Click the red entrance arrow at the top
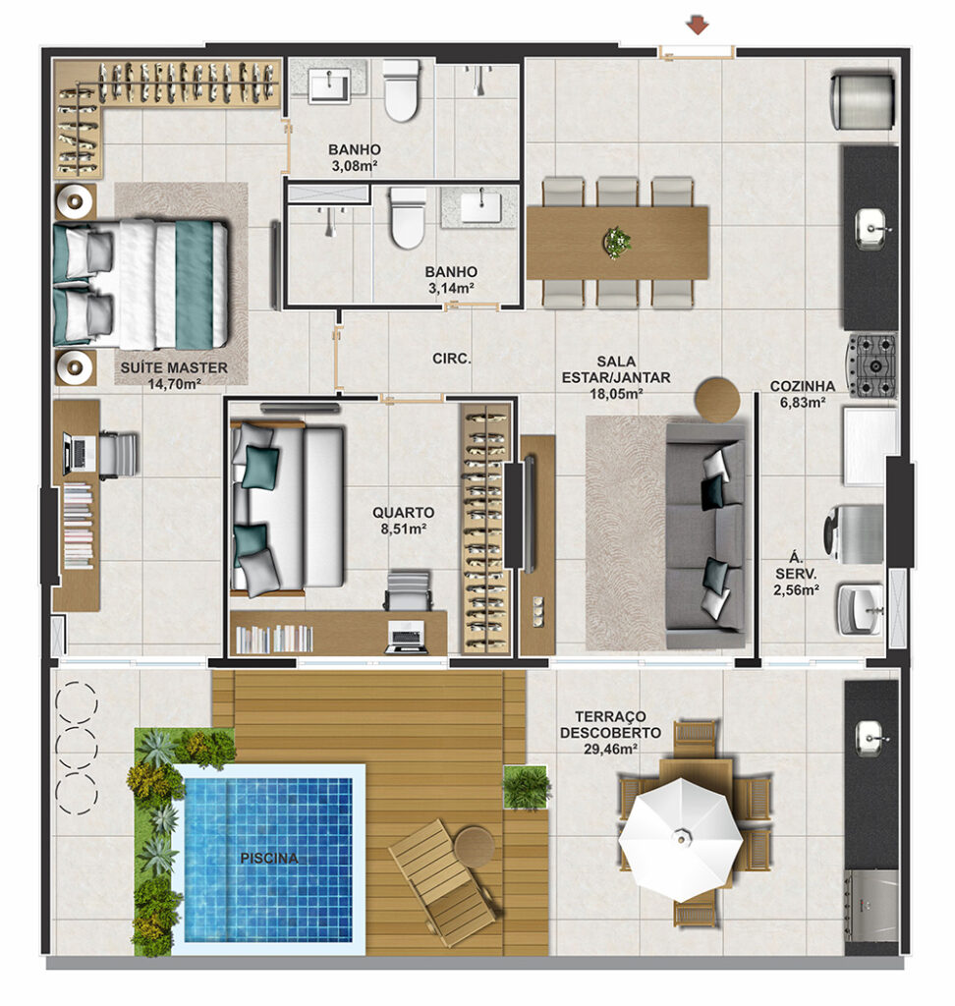[x=697, y=27]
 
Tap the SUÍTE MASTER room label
[x=174, y=367]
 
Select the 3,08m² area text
[x=355, y=166]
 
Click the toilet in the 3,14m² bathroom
[x=407, y=218]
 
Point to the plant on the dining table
[x=617, y=242]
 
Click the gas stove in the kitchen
[x=872, y=365]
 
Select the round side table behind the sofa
[x=717, y=399]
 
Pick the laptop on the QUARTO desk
[x=406, y=637]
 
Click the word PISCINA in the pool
[x=269, y=858]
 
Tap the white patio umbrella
[x=680, y=838]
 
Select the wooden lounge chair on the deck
[x=444, y=881]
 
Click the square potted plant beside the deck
[x=527, y=787]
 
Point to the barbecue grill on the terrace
[x=871, y=905]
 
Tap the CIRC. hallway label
[x=452, y=359]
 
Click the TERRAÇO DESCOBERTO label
[x=610, y=724]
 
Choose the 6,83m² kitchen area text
[x=803, y=403]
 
